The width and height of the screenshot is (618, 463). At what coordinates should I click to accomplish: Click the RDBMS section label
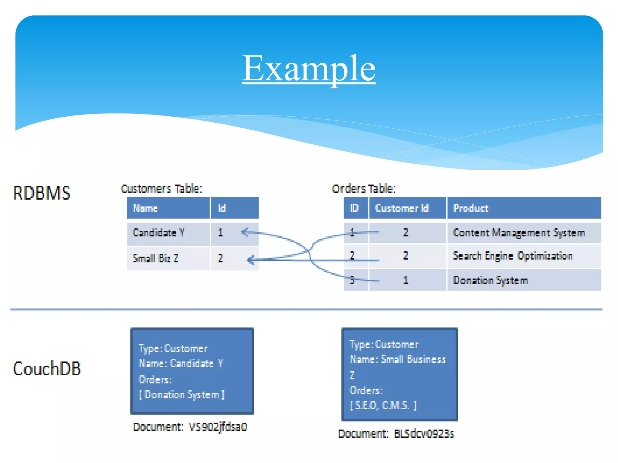41,193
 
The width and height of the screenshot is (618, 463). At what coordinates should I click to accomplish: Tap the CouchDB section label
47,368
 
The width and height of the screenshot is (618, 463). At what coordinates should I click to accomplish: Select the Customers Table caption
161,189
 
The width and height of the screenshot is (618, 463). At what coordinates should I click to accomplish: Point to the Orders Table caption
363,189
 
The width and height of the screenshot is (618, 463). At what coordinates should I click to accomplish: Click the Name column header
145,208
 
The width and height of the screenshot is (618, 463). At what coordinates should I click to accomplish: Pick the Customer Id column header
402,208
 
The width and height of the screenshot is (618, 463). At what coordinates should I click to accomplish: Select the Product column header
471,208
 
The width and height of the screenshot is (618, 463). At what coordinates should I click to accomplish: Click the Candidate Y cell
158,233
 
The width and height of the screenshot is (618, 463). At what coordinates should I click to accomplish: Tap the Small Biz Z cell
155,258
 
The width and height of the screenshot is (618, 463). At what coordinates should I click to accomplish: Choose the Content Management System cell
519,233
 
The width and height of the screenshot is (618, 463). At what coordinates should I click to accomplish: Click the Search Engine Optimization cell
512,256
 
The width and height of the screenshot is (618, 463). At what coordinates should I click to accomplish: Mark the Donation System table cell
490,280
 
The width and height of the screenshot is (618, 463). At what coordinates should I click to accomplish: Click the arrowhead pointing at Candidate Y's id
245,232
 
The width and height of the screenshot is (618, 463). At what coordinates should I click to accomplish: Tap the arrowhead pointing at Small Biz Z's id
250,260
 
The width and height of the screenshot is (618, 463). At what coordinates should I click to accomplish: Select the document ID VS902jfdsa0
218,427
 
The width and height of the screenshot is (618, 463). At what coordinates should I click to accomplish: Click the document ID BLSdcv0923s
424,434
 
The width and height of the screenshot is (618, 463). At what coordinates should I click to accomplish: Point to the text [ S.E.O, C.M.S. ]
383,405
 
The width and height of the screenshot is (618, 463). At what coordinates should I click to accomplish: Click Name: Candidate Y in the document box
180,363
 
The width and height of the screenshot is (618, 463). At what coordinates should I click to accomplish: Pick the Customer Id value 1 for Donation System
406,280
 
